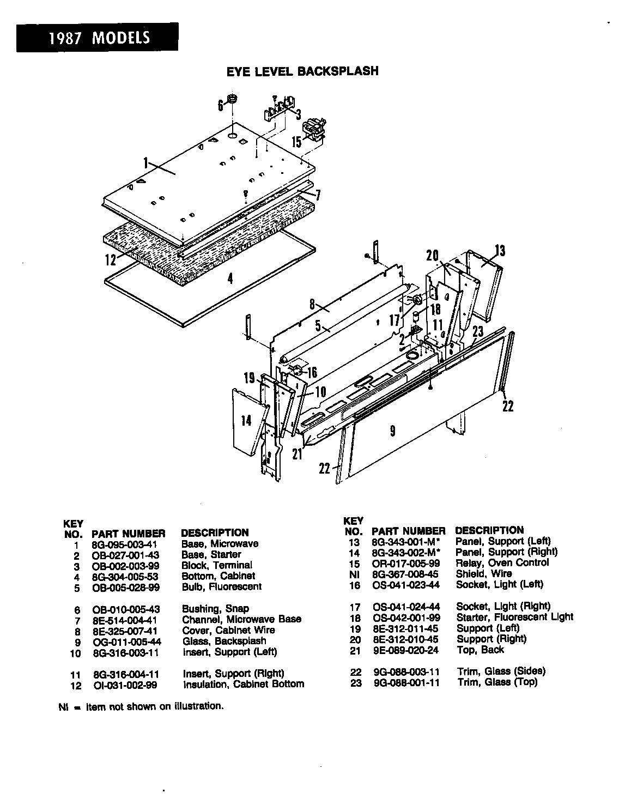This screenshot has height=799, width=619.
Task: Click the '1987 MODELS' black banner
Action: pos(97,38)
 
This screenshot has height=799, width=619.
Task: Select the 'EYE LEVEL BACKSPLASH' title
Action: pos(302,71)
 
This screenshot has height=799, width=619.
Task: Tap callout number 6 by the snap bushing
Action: pos(221,105)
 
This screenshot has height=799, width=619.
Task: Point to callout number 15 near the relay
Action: pos(296,142)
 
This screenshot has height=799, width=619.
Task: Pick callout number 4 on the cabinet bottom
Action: pos(230,279)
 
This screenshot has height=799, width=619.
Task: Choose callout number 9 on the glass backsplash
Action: pos(392,431)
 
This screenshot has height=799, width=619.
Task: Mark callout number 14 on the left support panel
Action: pos(246,420)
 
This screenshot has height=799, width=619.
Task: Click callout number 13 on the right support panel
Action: pos(500,251)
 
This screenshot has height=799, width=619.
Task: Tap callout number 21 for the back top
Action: pos(297,453)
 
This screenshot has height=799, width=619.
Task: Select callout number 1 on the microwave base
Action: pos(146,162)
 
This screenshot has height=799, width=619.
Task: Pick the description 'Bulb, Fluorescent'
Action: pos(221,586)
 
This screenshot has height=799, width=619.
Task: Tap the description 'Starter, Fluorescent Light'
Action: pos(514,617)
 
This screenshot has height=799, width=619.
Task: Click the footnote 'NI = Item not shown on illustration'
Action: pos(141,706)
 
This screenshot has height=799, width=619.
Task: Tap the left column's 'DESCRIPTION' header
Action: pos(214,532)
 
